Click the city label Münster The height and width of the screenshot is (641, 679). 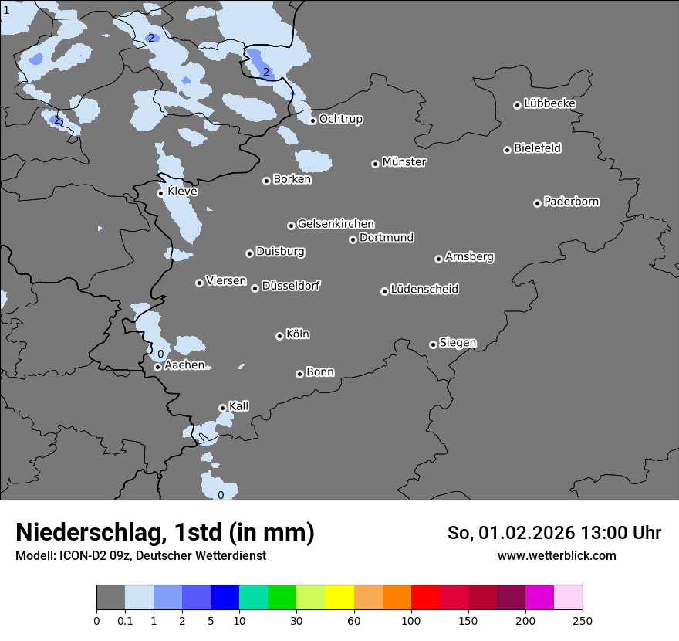(404, 162)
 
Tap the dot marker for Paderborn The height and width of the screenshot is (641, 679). (538, 203)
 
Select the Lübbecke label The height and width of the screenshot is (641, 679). (549, 103)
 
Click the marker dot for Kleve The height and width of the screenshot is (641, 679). (161, 193)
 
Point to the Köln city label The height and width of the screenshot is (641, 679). (298, 334)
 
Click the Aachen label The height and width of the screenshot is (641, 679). (184, 365)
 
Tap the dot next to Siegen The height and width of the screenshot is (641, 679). (433, 344)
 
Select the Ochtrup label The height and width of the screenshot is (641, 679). (340, 119)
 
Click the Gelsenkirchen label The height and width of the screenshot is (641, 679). (336, 224)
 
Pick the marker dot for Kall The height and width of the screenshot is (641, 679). (222, 408)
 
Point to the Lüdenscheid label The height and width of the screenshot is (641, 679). (424, 290)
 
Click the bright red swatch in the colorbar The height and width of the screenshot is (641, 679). (425, 598)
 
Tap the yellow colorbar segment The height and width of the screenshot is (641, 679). (339, 598)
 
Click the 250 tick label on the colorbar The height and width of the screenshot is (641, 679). (583, 620)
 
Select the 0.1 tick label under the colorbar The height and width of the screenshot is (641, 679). (125, 620)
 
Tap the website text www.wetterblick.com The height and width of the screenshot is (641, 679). (556, 555)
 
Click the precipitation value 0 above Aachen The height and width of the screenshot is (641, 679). (160, 354)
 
